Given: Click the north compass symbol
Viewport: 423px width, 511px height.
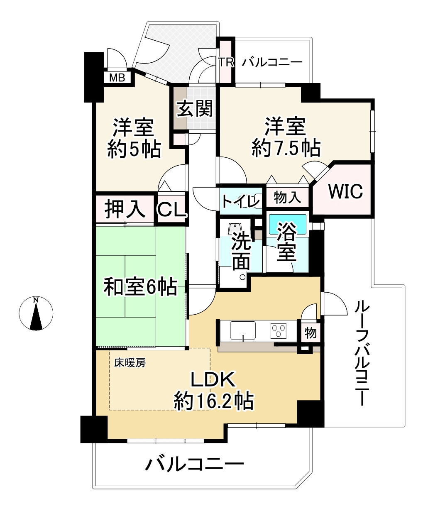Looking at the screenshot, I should [36, 313].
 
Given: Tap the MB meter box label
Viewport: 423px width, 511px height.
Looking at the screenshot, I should [117, 78].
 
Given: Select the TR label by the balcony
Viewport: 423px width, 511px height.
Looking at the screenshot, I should [227, 63].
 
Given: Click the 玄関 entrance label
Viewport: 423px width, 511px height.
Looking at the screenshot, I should [195, 109].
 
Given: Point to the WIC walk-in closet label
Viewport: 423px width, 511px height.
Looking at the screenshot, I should [345, 191].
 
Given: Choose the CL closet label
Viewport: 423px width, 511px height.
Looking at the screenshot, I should [172, 210].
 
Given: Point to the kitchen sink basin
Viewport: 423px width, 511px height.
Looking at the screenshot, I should [243, 331].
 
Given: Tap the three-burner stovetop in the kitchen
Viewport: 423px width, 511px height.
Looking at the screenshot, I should [279, 331].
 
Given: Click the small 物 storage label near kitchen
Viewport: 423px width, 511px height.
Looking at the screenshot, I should [311, 333].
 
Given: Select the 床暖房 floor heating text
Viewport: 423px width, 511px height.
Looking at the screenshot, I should [130, 363].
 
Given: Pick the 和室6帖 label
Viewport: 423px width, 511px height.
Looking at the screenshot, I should [140, 286].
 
